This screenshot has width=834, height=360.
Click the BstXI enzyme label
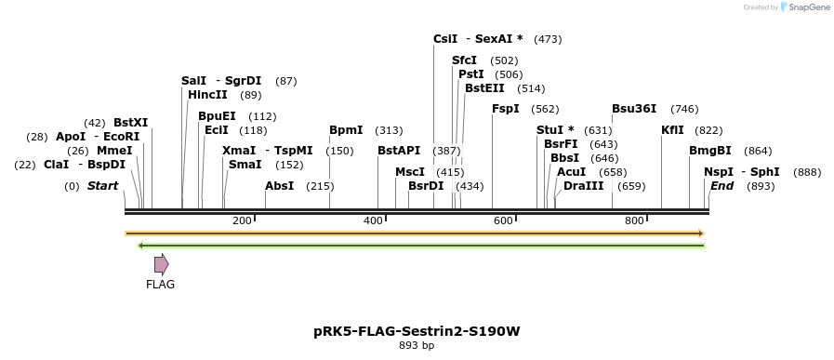[130, 122]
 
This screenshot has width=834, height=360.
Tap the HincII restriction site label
[207, 94]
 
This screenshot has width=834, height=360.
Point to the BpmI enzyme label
[346, 130]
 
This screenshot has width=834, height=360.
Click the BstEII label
[484, 88]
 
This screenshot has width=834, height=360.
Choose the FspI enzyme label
[506, 109]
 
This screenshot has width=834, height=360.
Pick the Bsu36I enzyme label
[634, 109]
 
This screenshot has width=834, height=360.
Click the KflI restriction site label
[672, 130]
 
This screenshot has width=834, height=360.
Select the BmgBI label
[710, 151]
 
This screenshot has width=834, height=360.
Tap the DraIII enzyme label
[583, 186]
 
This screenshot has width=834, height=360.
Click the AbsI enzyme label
[279, 186]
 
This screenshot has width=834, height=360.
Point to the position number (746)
[684, 109]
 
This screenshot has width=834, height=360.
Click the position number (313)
[389, 130]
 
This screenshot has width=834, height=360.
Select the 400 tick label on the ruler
[373, 220]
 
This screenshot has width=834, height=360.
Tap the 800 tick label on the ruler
[634, 220]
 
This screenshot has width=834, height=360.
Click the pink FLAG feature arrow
[161, 264]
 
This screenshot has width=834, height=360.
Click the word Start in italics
[102, 186]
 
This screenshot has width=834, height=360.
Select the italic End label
[721, 186]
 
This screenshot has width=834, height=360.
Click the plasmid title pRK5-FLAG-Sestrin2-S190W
[416, 330]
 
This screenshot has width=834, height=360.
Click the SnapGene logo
[805, 7]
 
